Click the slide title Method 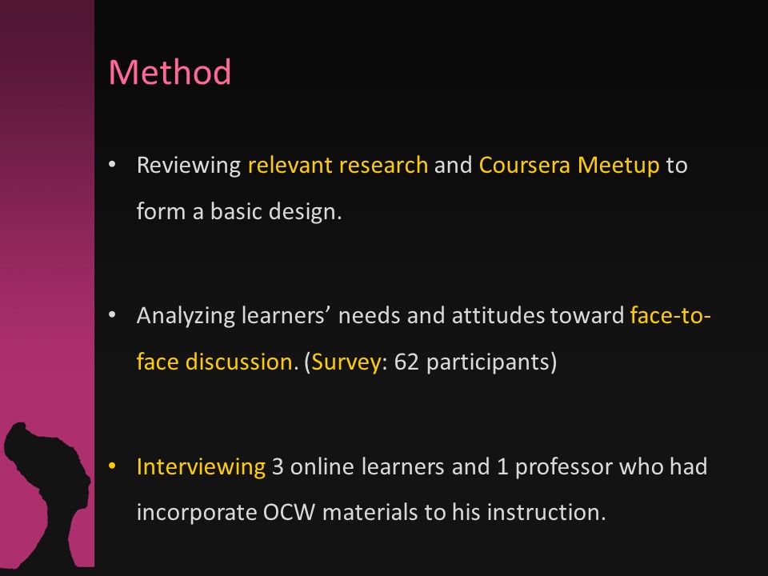(x=170, y=72)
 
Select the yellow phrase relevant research (x=338, y=165)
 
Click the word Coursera (x=525, y=165)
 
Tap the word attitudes (x=498, y=315)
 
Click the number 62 (x=406, y=362)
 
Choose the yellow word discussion (x=239, y=362)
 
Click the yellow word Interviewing (x=201, y=467)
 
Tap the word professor (x=564, y=467)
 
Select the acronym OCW (x=289, y=513)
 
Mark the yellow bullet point (x=112, y=466)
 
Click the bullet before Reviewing (x=112, y=165)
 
